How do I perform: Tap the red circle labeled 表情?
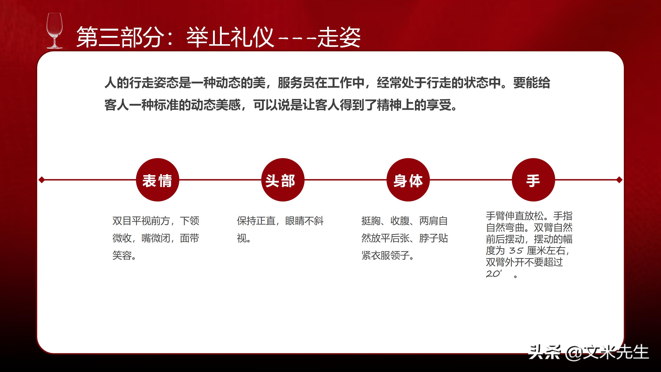pos(157,180)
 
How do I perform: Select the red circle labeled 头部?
pos(283,180)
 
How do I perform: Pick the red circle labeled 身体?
pos(408,180)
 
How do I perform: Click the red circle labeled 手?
pos(533,180)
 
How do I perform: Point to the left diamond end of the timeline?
pos(42,180)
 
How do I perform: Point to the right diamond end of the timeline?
pos(619,180)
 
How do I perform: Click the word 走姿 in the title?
pos(339,37)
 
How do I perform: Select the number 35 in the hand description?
pos(516,251)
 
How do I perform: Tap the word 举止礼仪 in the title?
pos(230,37)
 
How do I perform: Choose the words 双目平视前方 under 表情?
pos(141,221)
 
